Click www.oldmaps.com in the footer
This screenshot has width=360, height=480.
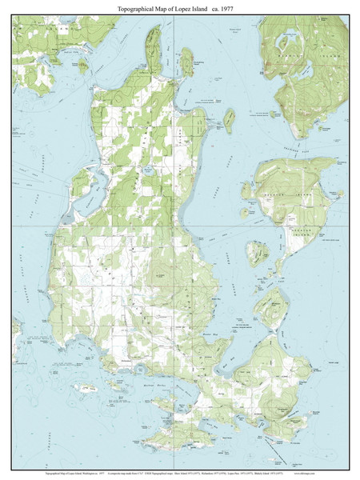pyautogui.click(x=336, y=474)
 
